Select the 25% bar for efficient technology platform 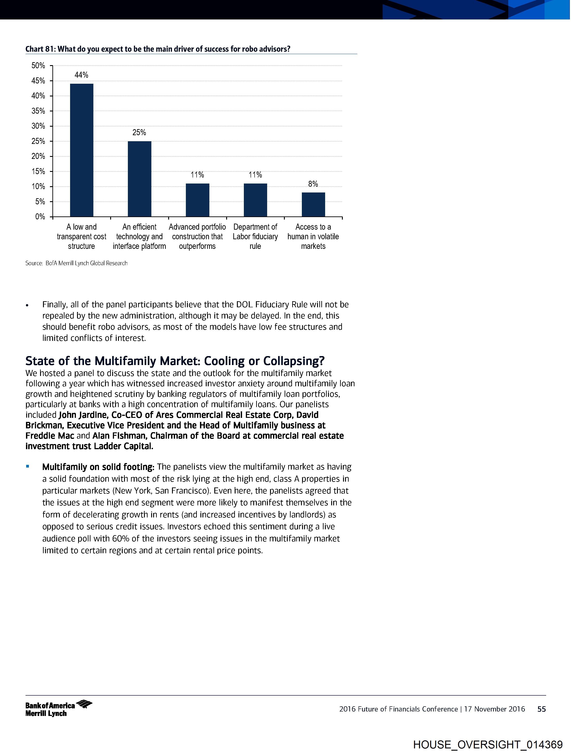click(140, 179)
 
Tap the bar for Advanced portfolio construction click(197, 200)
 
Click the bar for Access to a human click(313, 205)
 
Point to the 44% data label click(82, 75)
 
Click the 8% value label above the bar click(313, 184)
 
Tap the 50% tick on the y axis click(38, 65)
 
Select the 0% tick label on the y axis click(40, 217)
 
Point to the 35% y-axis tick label click(38, 111)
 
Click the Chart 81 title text click(158, 49)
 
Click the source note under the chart click(76, 263)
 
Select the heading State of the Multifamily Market click(175, 361)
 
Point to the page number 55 click(541, 709)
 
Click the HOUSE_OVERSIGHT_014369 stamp click(488, 744)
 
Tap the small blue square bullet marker click(28, 466)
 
